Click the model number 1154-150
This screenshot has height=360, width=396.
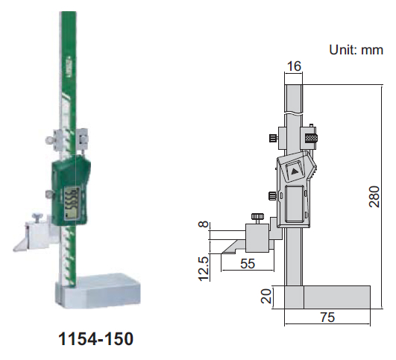coord(95,339)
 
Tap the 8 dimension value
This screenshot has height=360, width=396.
coord(201,226)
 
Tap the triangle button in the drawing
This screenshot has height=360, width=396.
coord(294,169)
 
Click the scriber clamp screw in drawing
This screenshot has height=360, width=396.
coord(257,218)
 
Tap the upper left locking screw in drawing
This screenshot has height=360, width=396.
coord(273,139)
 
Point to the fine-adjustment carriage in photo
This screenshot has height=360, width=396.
coord(70,139)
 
